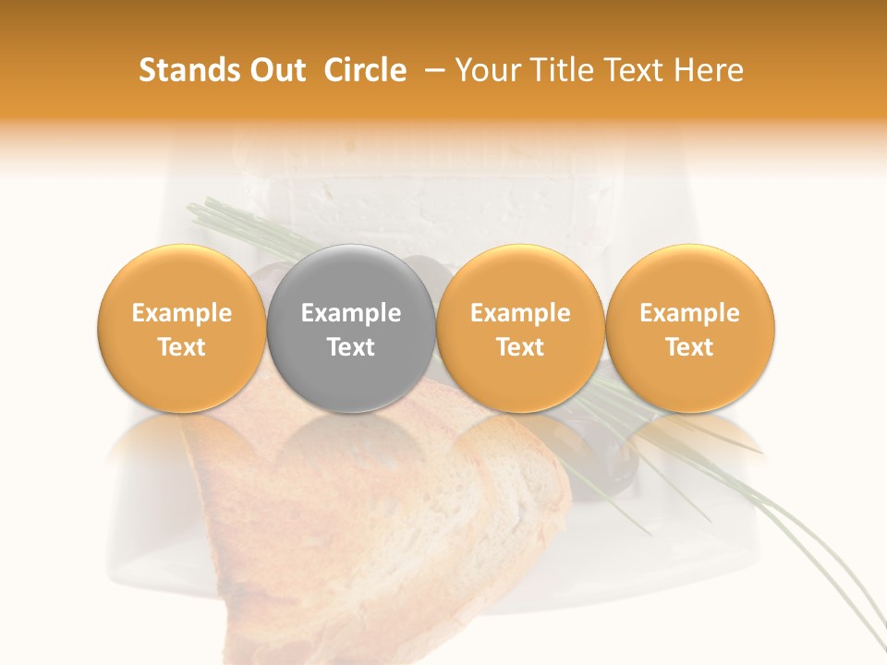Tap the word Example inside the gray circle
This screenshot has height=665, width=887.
(x=351, y=313)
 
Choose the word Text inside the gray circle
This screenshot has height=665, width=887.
(x=351, y=347)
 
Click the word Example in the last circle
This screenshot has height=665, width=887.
(x=690, y=313)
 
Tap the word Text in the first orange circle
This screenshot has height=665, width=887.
(x=182, y=347)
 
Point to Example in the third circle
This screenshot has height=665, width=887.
(x=520, y=313)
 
